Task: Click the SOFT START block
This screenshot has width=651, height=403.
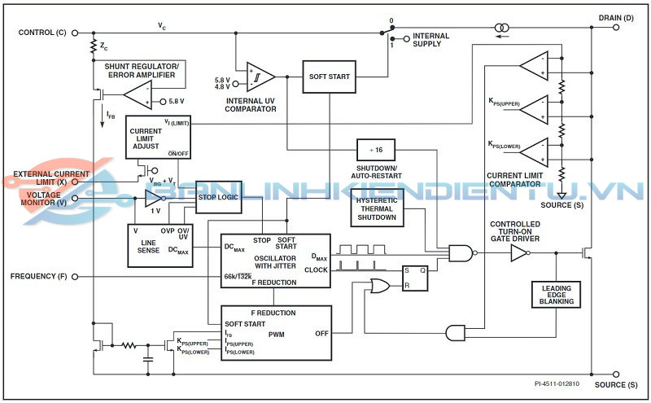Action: (x=330, y=77)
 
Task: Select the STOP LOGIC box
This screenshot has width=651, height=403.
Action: (x=219, y=196)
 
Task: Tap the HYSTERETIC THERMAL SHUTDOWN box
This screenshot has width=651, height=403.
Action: (x=377, y=208)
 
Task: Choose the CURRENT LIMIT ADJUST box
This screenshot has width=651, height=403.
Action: (x=157, y=136)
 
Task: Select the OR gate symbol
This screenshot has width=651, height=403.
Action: (x=379, y=285)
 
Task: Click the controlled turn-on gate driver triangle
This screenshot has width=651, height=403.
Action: (x=518, y=253)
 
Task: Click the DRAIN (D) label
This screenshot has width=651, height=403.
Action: (x=615, y=18)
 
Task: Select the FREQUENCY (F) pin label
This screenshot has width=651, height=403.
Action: (x=39, y=277)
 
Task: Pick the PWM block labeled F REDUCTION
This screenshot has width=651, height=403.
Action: (x=277, y=333)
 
